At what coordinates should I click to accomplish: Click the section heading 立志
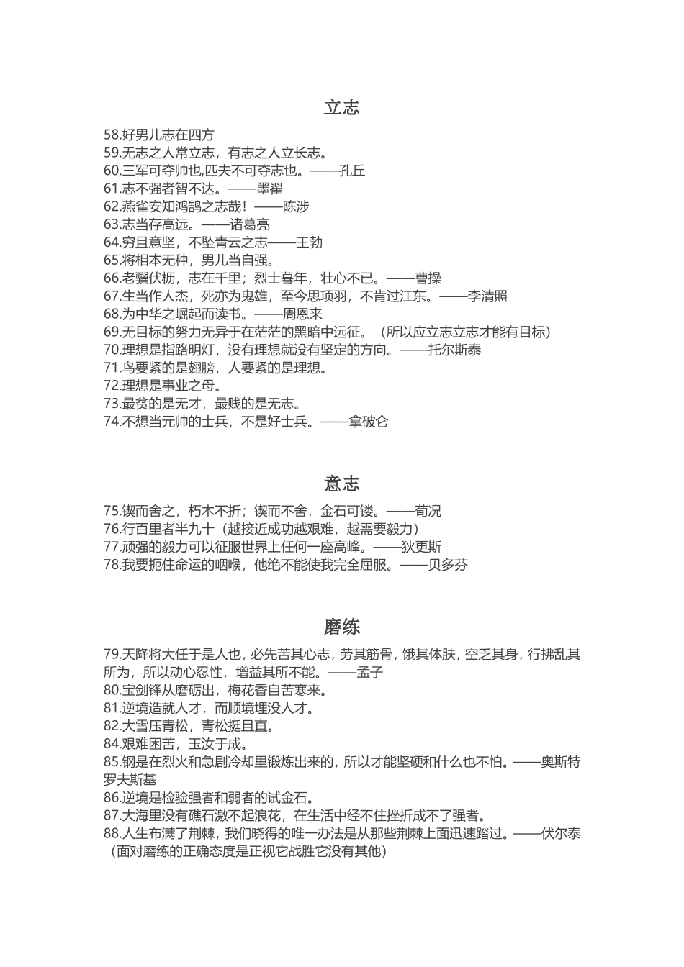[x=341, y=107]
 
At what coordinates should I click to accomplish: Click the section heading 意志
[x=341, y=484]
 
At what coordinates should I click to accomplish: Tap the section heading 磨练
[x=341, y=627]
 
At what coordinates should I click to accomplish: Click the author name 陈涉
[x=296, y=206]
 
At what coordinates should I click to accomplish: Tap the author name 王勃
[x=310, y=242]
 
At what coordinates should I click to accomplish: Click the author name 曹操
[x=428, y=278]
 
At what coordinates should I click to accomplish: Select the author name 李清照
[x=487, y=296]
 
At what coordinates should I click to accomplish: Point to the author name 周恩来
[x=302, y=314]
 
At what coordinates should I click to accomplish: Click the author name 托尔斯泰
[x=454, y=350]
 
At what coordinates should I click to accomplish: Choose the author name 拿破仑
[x=368, y=422]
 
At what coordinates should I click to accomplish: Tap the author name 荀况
[x=428, y=511]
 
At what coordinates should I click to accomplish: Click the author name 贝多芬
[x=448, y=565]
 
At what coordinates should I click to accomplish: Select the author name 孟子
[x=369, y=673]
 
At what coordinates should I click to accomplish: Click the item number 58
[x=112, y=135]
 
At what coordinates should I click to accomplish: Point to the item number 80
[x=112, y=691]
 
